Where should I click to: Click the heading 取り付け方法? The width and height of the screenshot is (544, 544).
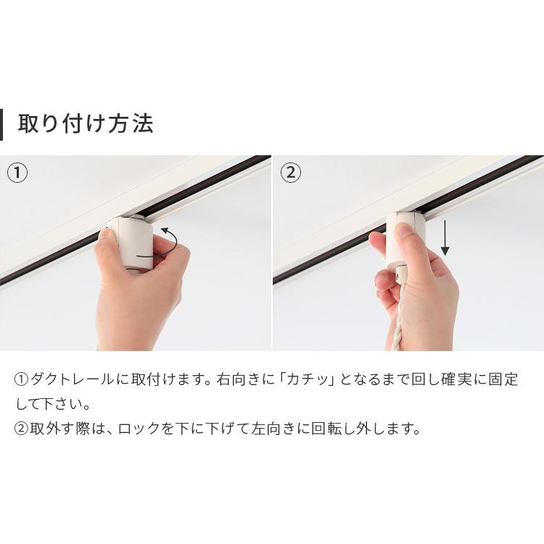tap(86, 123)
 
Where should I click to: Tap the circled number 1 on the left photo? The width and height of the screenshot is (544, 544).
tap(17, 173)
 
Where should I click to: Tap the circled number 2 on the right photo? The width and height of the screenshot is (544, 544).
tap(290, 173)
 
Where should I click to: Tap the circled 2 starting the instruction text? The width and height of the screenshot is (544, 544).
tap(21, 428)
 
